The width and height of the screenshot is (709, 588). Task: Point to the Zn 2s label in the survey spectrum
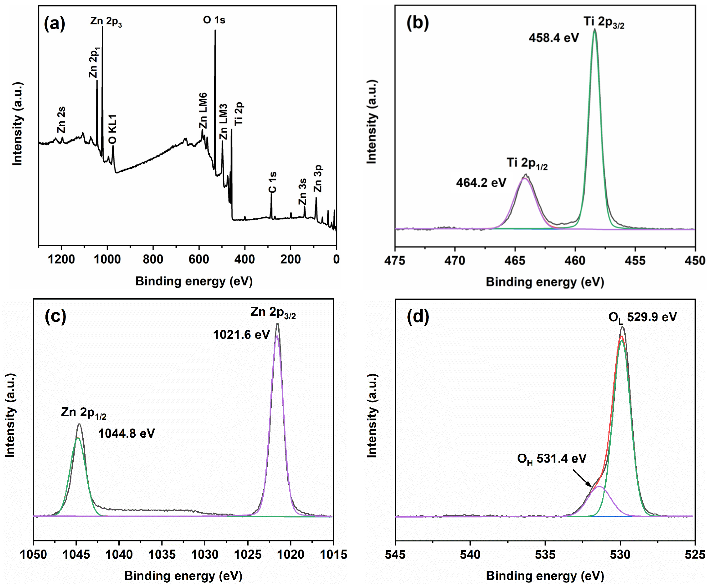coord(61,120)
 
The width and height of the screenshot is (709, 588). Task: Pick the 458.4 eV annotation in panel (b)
coord(554,37)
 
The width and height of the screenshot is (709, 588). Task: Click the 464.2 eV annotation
coord(481,183)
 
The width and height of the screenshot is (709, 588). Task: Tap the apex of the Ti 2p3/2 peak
coord(595,30)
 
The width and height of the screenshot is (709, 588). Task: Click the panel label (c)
coord(55,316)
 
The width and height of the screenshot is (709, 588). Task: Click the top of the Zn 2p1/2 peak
coord(79,424)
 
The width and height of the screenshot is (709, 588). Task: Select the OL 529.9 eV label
coord(642,317)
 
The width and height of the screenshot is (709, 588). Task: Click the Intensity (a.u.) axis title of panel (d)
coord(371,416)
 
